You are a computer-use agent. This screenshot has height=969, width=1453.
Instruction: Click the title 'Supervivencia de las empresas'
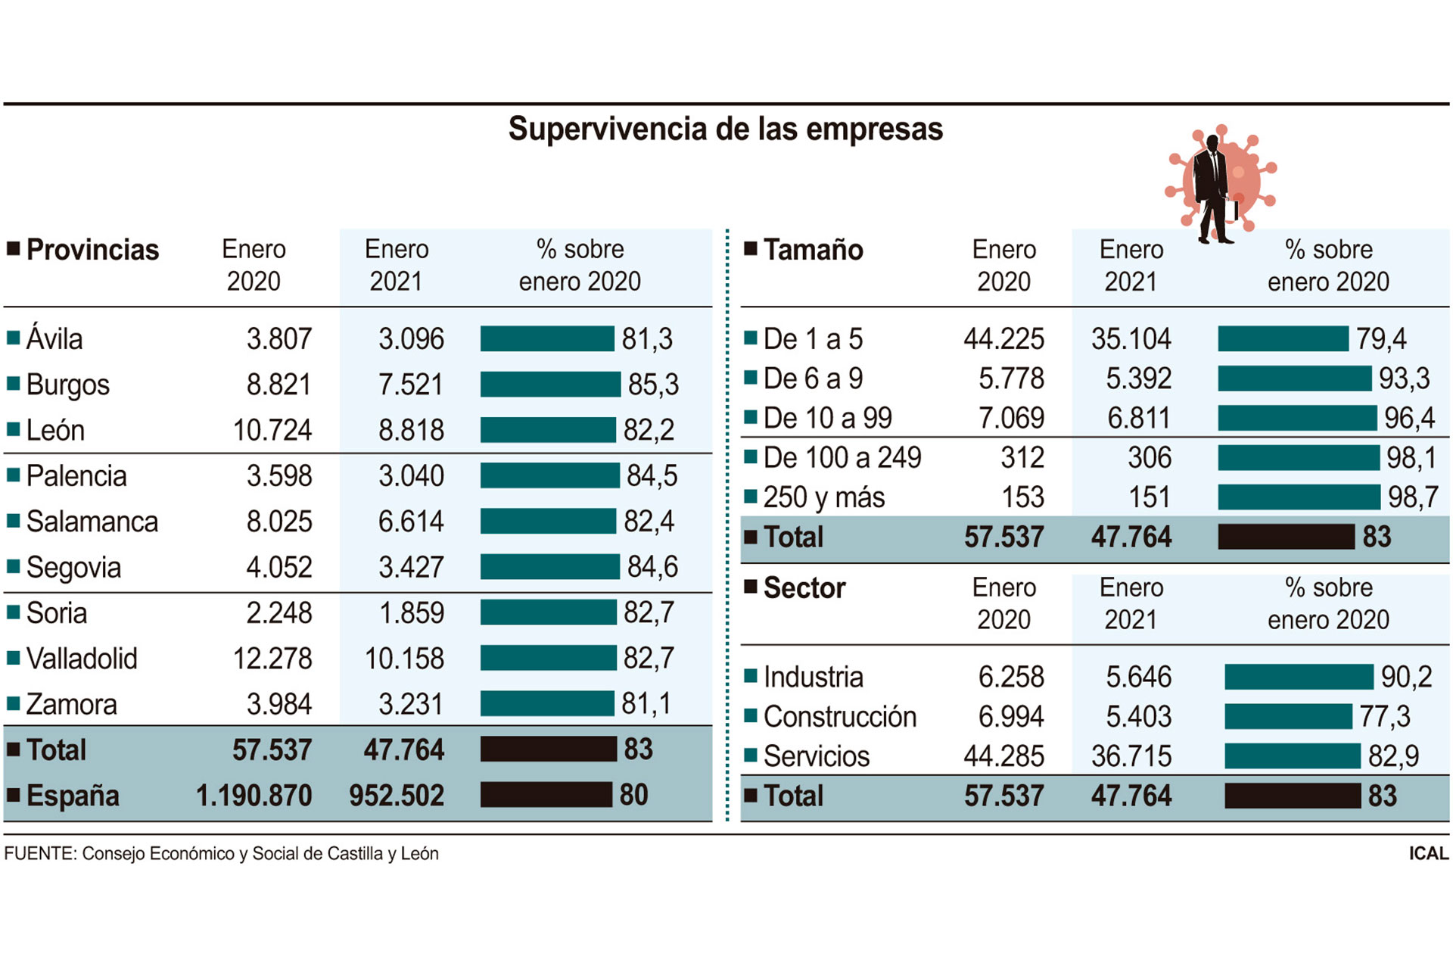[x=725, y=129]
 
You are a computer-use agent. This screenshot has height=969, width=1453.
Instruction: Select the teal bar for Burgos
[x=550, y=385]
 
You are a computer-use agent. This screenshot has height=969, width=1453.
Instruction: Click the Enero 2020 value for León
[x=272, y=430]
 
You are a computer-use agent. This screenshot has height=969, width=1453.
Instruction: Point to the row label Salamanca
[x=92, y=522]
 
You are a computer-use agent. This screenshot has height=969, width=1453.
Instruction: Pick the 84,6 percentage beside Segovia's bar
[x=652, y=567]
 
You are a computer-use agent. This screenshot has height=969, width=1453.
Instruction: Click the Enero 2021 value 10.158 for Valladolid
[x=404, y=659]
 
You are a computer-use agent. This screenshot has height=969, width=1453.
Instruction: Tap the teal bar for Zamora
[x=547, y=704]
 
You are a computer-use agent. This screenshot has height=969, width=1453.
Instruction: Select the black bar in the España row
[x=546, y=795]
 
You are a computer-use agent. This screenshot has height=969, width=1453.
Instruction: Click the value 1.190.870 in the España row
[x=254, y=796]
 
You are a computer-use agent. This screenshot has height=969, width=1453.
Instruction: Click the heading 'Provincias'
[x=92, y=250]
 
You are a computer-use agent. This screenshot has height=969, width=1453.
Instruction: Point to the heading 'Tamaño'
[x=813, y=250]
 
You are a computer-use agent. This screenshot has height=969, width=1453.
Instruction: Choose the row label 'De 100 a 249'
[x=842, y=458]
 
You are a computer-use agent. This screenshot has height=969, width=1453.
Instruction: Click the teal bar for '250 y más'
[x=1299, y=497]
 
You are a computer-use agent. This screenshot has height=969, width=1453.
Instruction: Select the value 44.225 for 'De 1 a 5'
[x=1003, y=339]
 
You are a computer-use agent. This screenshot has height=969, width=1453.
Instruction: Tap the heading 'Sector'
[x=804, y=588]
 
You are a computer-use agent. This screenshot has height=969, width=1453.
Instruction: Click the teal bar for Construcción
[x=1288, y=716]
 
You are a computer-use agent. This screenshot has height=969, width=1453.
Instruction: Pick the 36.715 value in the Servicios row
[x=1131, y=756]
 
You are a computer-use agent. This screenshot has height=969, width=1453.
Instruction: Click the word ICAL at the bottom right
[x=1428, y=853]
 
